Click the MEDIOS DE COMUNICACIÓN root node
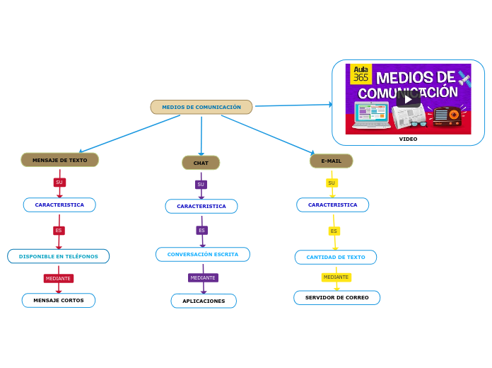(x=201, y=108)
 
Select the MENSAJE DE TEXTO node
(x=60, y=160)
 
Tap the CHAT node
(x=201, y=163)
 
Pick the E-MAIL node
(x=331, y=161)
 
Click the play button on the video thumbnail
(x=408, y=99)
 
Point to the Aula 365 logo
(x=361, y=74)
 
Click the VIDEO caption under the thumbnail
(x=408, y=139)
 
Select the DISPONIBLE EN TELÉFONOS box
(x=59, y=256)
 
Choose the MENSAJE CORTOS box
(x=59, y=300)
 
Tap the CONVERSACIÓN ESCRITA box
(x=203, y=254)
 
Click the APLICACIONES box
(x=204, y=301)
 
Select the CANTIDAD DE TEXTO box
(x=336, y=257)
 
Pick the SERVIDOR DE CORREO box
(x=336, y=297)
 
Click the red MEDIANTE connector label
(x=59, y=278)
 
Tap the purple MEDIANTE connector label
(x=203, y=277)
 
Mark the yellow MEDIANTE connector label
(x=336, y=277)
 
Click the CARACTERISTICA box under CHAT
(x=201, y=206)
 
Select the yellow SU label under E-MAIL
(x=332, y=183)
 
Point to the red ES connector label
(x=59, y=230)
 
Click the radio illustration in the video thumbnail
(x=447, y=116)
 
